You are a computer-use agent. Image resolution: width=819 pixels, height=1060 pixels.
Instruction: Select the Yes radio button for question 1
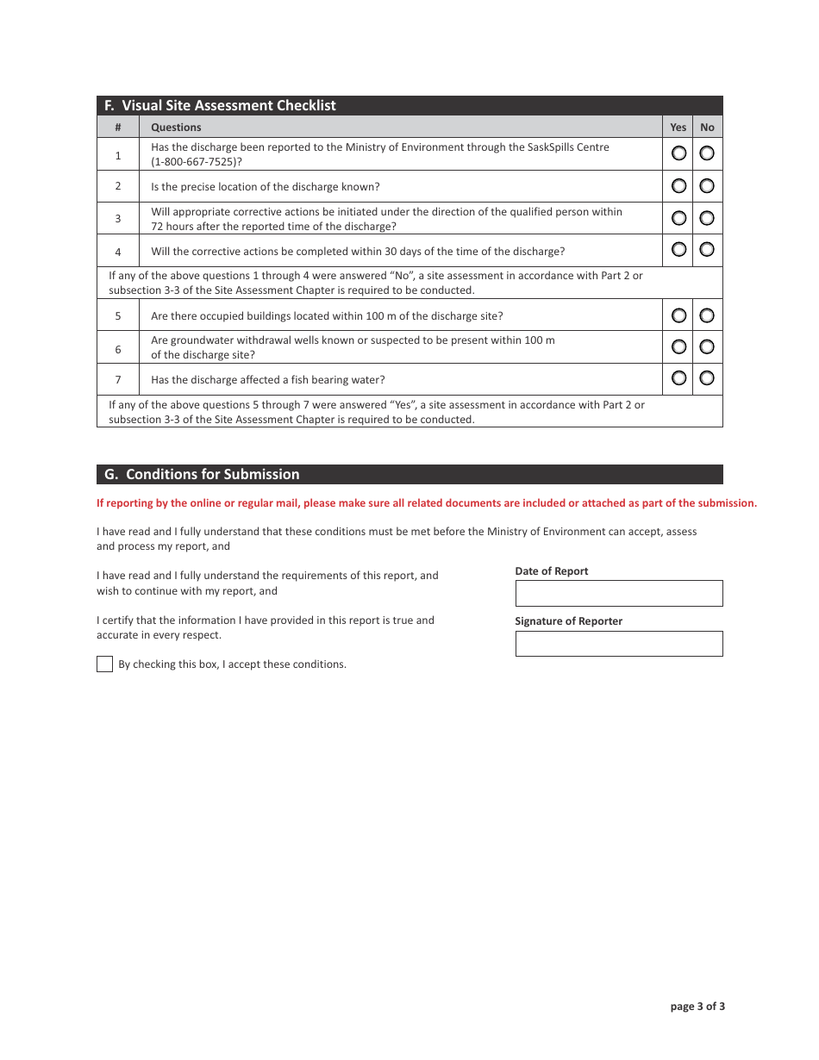tap(678, 153)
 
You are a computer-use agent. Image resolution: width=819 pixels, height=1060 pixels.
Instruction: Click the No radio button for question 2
tap(707, 185)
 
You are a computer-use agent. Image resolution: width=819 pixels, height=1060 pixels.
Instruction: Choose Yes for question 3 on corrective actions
tap(678, 218)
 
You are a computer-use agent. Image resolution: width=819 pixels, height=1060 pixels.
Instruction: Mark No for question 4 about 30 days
tap(707, 250)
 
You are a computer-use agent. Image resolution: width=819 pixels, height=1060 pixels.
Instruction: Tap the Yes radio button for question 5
tap(678, 315)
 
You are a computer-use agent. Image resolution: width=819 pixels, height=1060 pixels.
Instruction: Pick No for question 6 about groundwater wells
tap(707, 346)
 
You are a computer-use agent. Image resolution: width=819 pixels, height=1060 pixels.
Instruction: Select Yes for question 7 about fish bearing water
tap(678, 378)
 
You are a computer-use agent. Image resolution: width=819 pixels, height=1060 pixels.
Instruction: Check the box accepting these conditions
tap(104, 664)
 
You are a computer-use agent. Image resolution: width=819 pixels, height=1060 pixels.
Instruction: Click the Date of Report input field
tap(618, 593)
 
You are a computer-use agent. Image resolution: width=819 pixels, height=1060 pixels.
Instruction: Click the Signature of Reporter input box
tap(618, 644)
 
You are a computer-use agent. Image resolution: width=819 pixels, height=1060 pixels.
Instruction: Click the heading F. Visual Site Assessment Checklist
tap(220, 105)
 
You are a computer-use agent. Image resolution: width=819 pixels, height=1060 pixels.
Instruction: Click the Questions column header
tap(176, 127)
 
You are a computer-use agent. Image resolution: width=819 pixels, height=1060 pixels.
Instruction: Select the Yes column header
tap(678, 127)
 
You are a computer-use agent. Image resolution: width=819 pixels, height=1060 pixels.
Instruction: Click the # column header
tap(118, 127)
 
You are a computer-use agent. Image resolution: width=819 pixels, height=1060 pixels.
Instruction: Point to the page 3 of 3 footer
tap(697, 1006)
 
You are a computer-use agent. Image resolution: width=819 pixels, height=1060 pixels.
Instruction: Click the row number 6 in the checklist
tap(118, 348)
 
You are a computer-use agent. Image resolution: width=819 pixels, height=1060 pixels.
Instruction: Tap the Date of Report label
tap(552, 571)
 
